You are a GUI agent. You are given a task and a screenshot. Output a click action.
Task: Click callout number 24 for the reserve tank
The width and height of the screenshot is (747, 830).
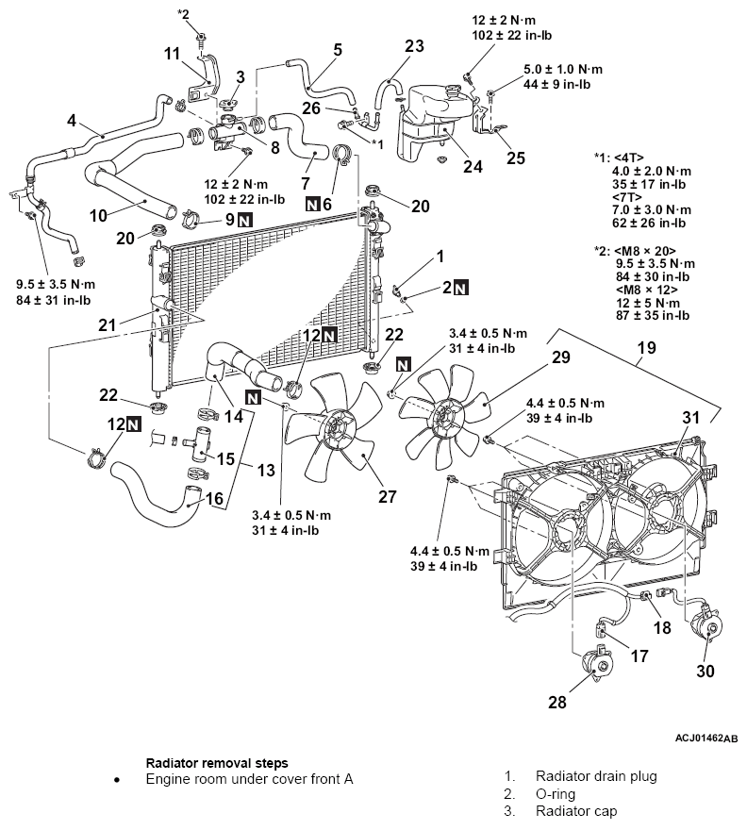point(473,166)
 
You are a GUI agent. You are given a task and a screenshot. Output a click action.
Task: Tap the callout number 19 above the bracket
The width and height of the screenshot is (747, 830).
point(646,348)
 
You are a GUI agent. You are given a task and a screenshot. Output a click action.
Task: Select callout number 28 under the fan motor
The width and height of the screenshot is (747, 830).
point(557,702)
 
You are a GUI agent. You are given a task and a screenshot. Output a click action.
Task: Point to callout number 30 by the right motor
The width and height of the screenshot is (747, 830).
point(705,672)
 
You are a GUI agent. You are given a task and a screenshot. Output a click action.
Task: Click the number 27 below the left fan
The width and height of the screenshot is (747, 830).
point(388,496)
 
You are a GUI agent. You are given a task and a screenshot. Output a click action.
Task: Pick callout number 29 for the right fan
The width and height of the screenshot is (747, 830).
point(560,357)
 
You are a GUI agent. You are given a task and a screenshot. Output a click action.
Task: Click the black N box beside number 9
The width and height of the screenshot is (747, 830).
point(244,219)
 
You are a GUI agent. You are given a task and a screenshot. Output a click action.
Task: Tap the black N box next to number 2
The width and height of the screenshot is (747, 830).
point(461,288)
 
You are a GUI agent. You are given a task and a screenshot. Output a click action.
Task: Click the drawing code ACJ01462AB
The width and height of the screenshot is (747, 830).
point(706,738)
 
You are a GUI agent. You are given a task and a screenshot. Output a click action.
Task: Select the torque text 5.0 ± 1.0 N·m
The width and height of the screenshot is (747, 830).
point(563,70)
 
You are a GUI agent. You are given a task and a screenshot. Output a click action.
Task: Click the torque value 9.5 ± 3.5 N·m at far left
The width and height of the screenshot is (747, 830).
point(56,285)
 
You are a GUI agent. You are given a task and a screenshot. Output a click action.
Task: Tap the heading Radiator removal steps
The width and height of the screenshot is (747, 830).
point(217,763)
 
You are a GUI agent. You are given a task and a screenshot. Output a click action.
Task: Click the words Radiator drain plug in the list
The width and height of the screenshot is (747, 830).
point(596,776)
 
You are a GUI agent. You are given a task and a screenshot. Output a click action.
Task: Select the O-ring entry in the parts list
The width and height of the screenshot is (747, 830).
point(556,794)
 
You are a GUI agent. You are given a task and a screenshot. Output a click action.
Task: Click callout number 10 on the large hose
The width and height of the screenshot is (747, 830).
point(98,215)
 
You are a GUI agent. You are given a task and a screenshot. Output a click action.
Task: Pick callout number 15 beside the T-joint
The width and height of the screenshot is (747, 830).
point(225,458)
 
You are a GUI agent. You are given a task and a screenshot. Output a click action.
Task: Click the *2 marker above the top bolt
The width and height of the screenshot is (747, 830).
point(183,14)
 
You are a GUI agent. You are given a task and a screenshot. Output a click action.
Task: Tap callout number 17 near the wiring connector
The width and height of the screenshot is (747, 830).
point(639,656)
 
